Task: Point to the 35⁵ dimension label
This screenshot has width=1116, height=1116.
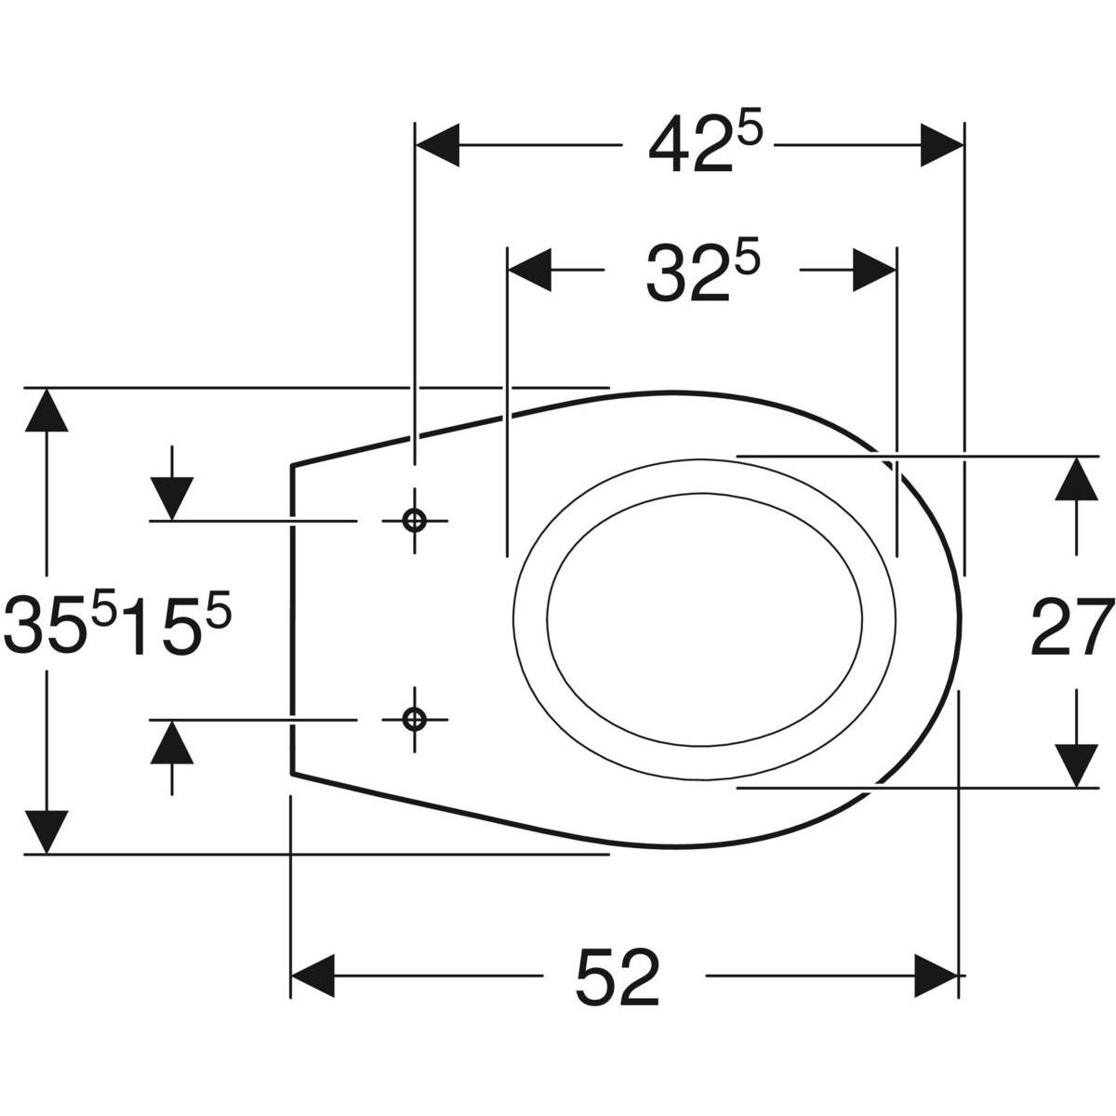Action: [x=60, y=625]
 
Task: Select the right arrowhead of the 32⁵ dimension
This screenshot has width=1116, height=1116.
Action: [x=874, y=270]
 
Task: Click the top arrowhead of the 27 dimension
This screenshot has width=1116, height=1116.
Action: [x=1077, y=479]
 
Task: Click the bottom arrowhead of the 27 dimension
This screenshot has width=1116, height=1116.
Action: [x=1077, y=764]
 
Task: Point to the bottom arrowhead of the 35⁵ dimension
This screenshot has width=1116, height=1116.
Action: [x=46, y=830]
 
